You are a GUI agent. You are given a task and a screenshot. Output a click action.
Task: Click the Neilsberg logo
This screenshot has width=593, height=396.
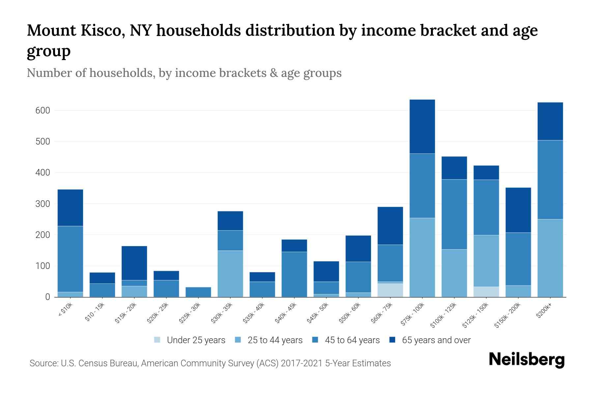click(x=526, y=360)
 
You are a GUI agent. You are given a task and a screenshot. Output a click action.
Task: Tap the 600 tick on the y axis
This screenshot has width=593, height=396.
click(x=42, y=111)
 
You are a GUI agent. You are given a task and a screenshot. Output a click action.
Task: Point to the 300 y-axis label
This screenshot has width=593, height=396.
click(x=42, y=204)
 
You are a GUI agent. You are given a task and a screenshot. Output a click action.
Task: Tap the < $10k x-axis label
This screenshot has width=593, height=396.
click(x=65, y=310)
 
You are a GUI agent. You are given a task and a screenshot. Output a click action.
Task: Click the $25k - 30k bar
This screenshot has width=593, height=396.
click(x=198, y=292)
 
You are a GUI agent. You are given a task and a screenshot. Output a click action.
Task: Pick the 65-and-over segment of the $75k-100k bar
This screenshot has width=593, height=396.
click(x=422, y=126)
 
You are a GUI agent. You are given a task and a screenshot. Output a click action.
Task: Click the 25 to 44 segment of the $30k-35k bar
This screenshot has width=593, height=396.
click(x=230, y=274)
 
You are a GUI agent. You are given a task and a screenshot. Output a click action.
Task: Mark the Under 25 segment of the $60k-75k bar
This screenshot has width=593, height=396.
click(x=390, y=290)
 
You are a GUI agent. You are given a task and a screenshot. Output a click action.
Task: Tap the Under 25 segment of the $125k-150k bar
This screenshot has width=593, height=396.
click(x=486, y=292)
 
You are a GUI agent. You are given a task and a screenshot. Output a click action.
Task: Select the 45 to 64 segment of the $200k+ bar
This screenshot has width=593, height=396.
click(x=550, y=180)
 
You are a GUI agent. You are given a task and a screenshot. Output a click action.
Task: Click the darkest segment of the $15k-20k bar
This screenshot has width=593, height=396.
click(x=134, y=263)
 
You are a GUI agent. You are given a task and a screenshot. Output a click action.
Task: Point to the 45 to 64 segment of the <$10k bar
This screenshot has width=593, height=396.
click(x=70, y=259)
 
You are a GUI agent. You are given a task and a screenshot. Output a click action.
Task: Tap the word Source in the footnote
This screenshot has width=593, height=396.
click(x=43, y=363)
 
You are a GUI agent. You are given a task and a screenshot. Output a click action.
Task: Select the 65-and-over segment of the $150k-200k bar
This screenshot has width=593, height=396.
click(x=518, y=210)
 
